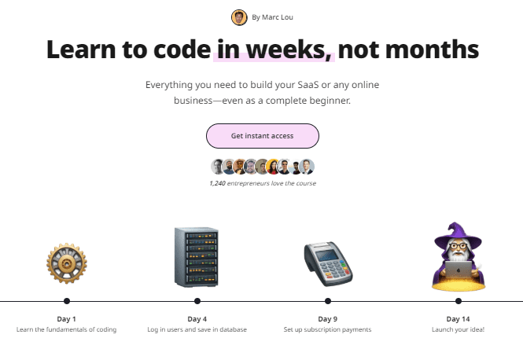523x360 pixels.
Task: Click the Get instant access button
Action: tap(263, 136)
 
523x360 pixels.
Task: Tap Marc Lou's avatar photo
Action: tap(239, 17)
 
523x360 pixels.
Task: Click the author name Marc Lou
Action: tap(278, 17)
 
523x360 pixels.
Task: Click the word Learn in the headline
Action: tap(81, 50)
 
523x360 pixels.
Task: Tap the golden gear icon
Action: tap(67, 263)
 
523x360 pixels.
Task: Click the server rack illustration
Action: tap(197, 257)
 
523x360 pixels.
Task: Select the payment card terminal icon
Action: tap(328, 263)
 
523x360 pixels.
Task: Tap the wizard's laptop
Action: tap(459, 270)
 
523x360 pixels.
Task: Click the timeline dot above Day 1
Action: tap(67, 301)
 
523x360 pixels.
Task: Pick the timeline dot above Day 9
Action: tap(328, 301)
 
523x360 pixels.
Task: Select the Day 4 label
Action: tap(197, 319)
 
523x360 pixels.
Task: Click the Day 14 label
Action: tap(458, 319)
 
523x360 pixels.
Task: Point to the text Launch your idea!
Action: tap(458, 329)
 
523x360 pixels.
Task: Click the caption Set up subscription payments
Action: tap(327, 329)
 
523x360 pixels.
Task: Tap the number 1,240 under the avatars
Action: tap(218, 183)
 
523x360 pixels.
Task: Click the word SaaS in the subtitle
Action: tap(308, 85)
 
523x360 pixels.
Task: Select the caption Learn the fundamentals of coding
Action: tap(66, 329)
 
